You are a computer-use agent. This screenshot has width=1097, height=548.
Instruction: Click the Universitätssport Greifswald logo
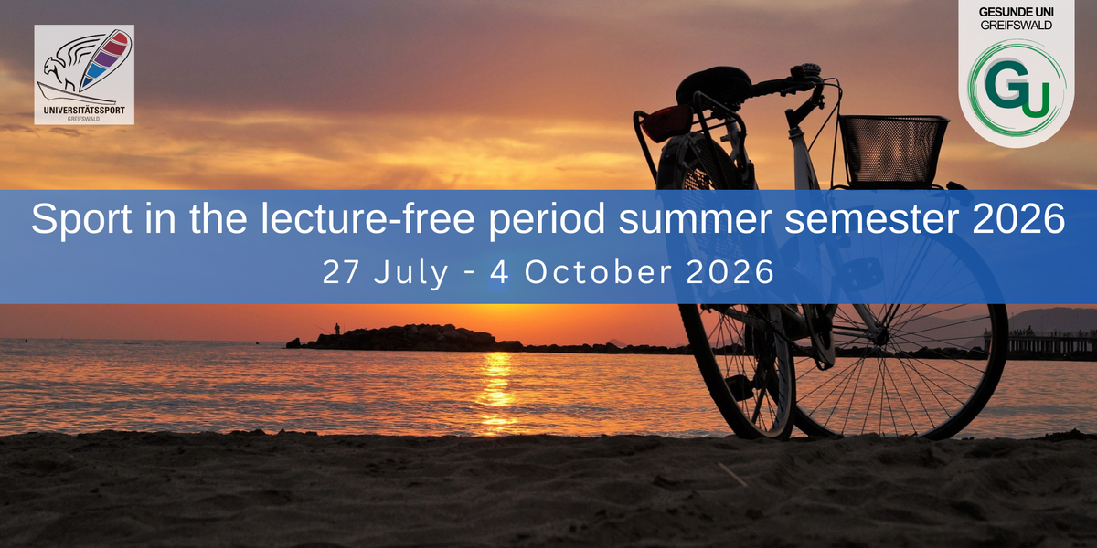(x=84, y=74)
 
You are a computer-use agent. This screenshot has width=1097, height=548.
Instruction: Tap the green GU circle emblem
(x=1017, y=89)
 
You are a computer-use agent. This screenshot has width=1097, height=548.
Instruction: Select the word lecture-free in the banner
(x=367, y=218)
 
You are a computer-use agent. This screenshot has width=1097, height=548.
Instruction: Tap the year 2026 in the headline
(x=1018, y=218)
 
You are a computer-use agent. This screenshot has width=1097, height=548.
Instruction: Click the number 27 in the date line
(x=341, y=272)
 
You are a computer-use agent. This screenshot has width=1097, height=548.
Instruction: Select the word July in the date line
(x=410, y=273)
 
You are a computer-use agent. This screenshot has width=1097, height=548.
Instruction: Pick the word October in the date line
(x=598, y=272)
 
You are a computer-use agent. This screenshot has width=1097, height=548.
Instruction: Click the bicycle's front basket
(x=893, y=150)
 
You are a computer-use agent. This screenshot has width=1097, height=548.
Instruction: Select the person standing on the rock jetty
(x=337, y=329)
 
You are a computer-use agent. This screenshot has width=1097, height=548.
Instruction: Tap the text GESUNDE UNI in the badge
(x=1017, y=12)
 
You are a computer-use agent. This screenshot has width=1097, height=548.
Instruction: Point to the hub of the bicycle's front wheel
(x=880, y=337)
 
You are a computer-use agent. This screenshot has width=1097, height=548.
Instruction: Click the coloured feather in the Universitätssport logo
(x=105, y=59)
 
